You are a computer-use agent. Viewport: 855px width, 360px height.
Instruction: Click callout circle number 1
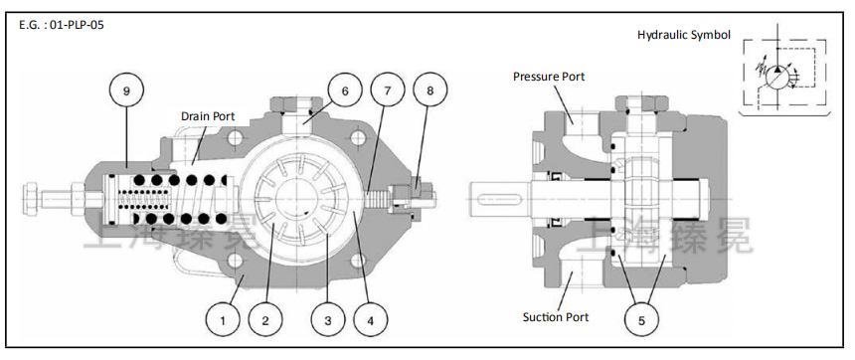[x=223, y=319]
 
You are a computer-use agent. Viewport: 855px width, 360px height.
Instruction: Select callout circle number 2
[x=265, y=319]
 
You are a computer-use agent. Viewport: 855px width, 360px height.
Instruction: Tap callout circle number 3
[x=327, y=319]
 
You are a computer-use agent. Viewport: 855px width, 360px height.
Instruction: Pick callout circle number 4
[x=370, y=319]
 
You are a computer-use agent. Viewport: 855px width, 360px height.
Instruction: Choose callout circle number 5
[x=641, y=319]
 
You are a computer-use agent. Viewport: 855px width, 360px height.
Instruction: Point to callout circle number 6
[x=345, y=90]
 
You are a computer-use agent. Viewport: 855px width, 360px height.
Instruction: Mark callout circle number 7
[x=387, y=90]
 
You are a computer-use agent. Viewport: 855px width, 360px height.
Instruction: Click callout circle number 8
[x=429, y=90]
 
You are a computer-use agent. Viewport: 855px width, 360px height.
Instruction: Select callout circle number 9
[x=126, y=90]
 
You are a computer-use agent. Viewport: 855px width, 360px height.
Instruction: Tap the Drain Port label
[x=208, y=116]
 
